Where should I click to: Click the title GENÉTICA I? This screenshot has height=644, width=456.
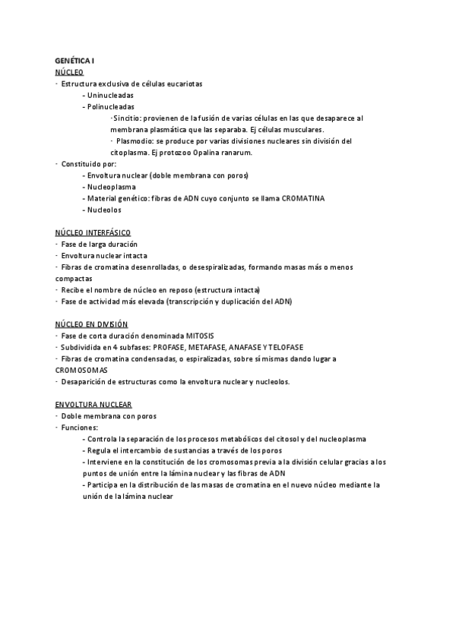74,60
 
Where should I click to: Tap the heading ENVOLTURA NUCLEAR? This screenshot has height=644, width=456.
93,404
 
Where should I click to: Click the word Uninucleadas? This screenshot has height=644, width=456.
111,95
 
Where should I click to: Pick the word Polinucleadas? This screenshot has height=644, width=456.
110,106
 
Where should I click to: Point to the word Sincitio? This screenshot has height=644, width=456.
126,118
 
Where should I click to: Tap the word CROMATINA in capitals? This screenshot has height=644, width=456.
303,197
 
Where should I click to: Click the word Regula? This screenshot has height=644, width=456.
100,450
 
